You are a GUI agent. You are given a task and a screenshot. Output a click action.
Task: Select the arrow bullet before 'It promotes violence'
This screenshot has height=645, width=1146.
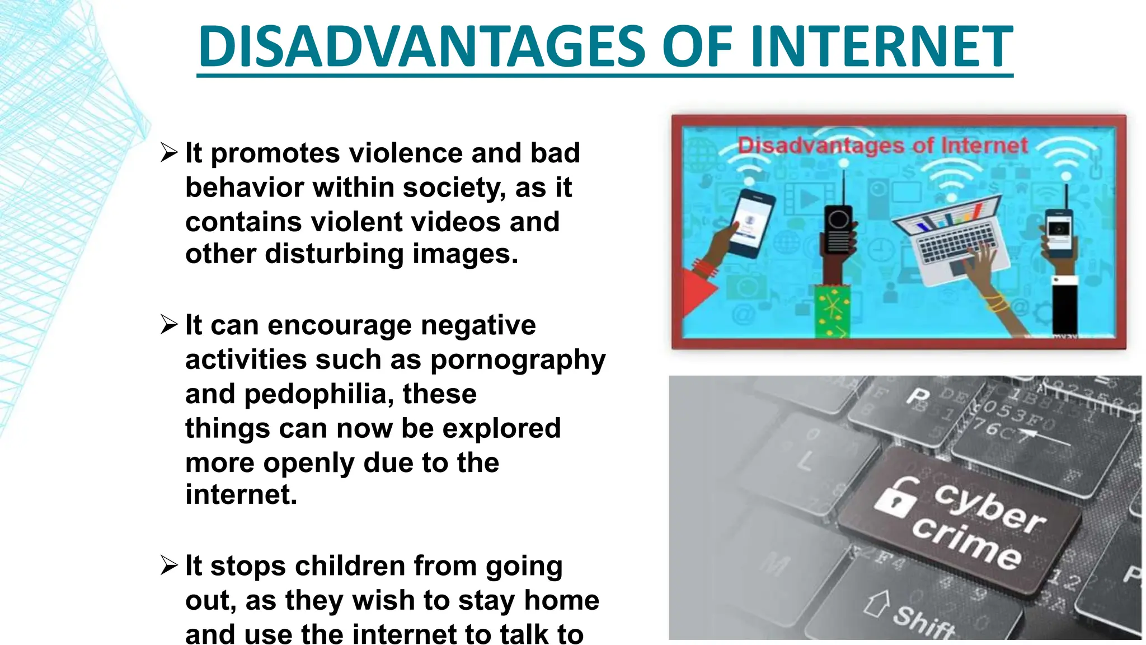click(168, 152)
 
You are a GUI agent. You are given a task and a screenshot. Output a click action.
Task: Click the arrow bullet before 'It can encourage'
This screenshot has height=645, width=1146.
click(168, 324)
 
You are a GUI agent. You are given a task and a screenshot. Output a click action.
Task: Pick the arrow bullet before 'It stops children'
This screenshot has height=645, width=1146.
click(168, 565)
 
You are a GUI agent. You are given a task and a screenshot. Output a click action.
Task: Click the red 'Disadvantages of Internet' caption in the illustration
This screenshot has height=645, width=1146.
click(882, 146)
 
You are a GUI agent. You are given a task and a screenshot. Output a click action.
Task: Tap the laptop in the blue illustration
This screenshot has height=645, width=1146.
click(951, 235)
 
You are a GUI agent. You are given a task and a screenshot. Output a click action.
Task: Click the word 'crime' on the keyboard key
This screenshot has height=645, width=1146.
click(967, 543)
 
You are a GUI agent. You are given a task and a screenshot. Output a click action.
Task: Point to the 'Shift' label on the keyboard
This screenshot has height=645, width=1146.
click(923, 621)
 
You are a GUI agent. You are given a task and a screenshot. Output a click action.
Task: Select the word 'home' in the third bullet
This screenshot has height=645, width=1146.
click(561, 600)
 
